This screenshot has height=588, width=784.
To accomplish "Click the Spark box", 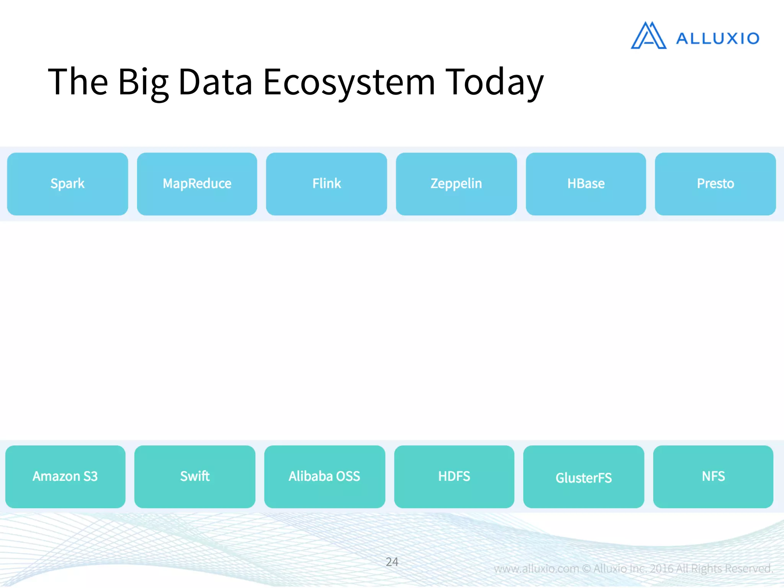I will [67, 184].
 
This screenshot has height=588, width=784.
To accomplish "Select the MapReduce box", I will [197, 184].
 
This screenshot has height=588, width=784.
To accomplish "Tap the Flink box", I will [326, 184].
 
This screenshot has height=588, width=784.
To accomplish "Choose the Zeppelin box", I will [456, 184].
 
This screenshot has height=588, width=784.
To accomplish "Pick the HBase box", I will [586, 184].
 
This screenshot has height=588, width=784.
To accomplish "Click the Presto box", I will [715, 184].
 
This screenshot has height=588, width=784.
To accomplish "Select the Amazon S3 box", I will [65, 477].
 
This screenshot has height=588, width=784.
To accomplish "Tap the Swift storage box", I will [194, 477].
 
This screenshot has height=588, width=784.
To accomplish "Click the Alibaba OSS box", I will [324, 477].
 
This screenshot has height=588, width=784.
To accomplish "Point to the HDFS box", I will [454, 477].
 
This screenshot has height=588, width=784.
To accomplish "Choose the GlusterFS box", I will [583, 477].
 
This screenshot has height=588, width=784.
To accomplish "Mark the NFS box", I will [713, 477].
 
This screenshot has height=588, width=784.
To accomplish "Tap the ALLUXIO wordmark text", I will [717, 39].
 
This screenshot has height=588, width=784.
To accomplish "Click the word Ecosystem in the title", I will [349, 82].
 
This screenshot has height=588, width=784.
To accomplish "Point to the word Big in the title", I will [143, 82].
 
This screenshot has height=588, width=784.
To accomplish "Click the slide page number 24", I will [392, 562].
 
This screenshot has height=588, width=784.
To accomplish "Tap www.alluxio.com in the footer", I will [536, 568].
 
